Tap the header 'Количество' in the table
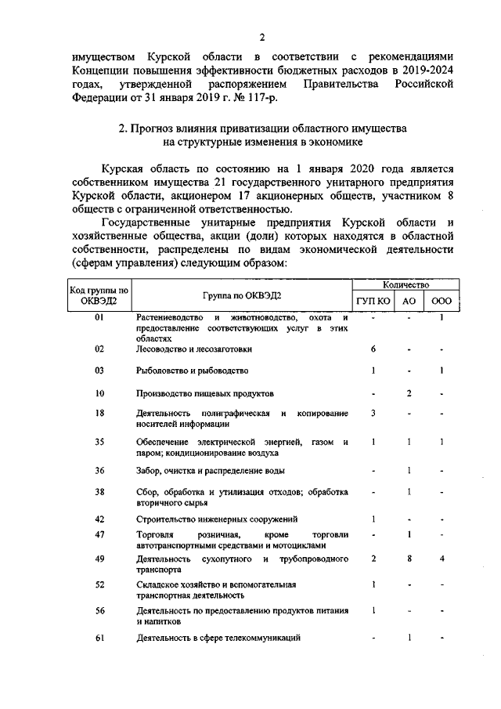click(407, 288)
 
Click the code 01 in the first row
click(99, 317)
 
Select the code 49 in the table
click(99, 559)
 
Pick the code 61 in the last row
click(99, 638)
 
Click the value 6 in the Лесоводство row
click(374, 349)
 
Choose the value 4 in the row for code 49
click(442, 559)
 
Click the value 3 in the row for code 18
click(374, 413)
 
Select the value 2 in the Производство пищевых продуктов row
click(409, 392)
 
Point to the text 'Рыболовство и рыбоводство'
click(192, 371)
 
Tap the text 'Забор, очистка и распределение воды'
click(211, 471)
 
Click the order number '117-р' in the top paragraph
click(260, 97)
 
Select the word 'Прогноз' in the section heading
click(163, 128)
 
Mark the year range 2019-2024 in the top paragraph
click(421, 70)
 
